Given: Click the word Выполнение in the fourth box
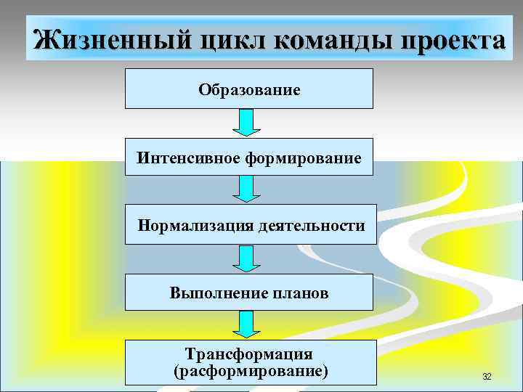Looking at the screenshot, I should (x=211, y=293).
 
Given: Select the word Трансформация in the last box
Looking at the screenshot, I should (x=249, y=354).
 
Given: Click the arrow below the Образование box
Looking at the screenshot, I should (x=247, y=123).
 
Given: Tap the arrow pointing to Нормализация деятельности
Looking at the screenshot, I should (x=247, y=189).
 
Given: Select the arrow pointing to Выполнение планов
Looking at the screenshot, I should (x=247, y=258).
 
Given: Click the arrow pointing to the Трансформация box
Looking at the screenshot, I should (x=247, y=324).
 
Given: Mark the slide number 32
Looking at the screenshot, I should (x=487, y=376).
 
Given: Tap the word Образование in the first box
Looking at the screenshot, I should (x=249, y=91).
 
